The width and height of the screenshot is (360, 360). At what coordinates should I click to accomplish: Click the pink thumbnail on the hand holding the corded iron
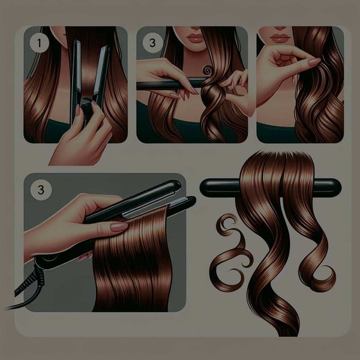pyautogui.click(x=119, y=227)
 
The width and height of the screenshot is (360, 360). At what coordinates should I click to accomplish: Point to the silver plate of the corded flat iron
pyautogui.click(x=153, y=206)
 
